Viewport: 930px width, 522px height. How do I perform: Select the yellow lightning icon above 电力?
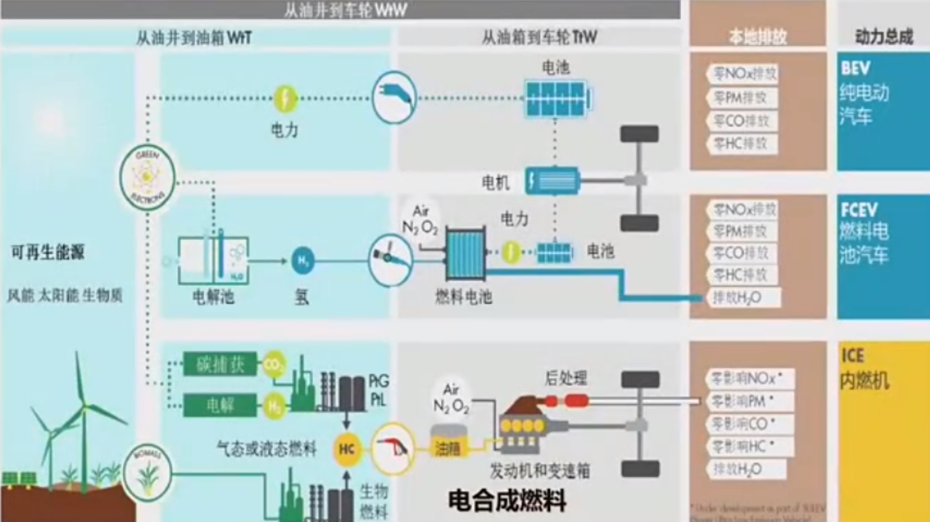coord(285,99)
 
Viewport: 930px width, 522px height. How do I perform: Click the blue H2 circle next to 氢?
coord(302,261)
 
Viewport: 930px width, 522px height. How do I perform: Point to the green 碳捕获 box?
coord(220,364)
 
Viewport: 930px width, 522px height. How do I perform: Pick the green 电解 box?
coord(220,405)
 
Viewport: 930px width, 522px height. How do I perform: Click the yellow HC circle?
coord(347,449)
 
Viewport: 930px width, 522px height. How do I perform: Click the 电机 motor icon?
coord(552,181)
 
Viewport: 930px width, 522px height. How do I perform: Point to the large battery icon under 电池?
coord(557,98)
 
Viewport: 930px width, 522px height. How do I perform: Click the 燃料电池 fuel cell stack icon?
coord(466,254)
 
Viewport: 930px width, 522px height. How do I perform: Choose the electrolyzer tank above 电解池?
coord(213,259)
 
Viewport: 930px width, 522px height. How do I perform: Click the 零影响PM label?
coord(743,401)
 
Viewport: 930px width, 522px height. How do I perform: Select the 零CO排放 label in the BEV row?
coord(742,121)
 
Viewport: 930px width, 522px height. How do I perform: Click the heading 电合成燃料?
coord(507,501)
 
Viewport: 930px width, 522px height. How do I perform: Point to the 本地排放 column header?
coord(757,37)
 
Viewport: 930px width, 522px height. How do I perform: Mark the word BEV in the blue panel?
coord(855,68)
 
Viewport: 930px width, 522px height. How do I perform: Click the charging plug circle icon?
coord(394,98)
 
